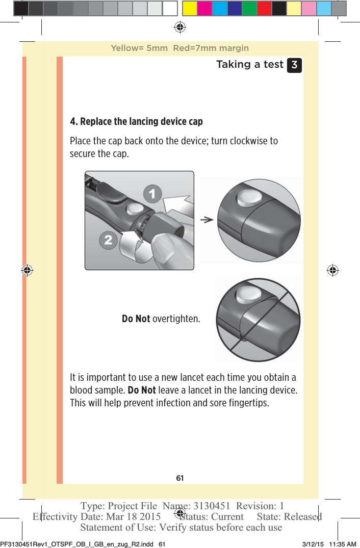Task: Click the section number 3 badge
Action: [294, 65]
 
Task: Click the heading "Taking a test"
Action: [249, 65]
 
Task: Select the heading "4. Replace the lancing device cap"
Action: [136, 122]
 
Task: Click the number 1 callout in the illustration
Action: [152, 193]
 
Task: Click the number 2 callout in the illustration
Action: [108, 240]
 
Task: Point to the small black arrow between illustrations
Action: [206, 219]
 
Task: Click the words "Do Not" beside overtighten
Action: [136, 319]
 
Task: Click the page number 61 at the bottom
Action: [179, 478]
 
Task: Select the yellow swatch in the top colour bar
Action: [190, 8]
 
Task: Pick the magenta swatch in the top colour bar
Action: [204, 8]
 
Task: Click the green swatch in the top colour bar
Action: [249, 8]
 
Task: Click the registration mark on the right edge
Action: [332, 270]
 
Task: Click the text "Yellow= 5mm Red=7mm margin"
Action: [179, 48]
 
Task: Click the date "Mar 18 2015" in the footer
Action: [134, 516]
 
